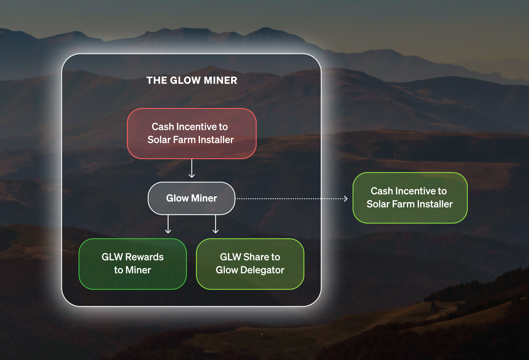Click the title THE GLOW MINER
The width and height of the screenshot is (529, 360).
[x=192, y=80]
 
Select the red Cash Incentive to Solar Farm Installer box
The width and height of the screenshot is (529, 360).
[x=192, y=133]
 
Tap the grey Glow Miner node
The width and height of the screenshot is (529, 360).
[x=192, y=198]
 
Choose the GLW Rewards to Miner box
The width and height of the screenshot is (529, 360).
[x=133, y=264]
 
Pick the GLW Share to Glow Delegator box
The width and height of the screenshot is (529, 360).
[x=250, y=264]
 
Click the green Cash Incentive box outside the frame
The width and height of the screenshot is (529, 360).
[x=410, y=198]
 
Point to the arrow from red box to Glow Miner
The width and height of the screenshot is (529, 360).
[x=192, y=169]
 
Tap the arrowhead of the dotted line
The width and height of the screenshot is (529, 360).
[x=346, y=199]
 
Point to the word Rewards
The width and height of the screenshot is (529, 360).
[x=144, y=257]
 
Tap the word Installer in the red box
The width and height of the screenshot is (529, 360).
[x=216, y=140]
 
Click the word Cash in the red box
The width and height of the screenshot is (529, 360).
[x=163, y=127]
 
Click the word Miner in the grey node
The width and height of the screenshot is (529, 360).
[x=204, y=198]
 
